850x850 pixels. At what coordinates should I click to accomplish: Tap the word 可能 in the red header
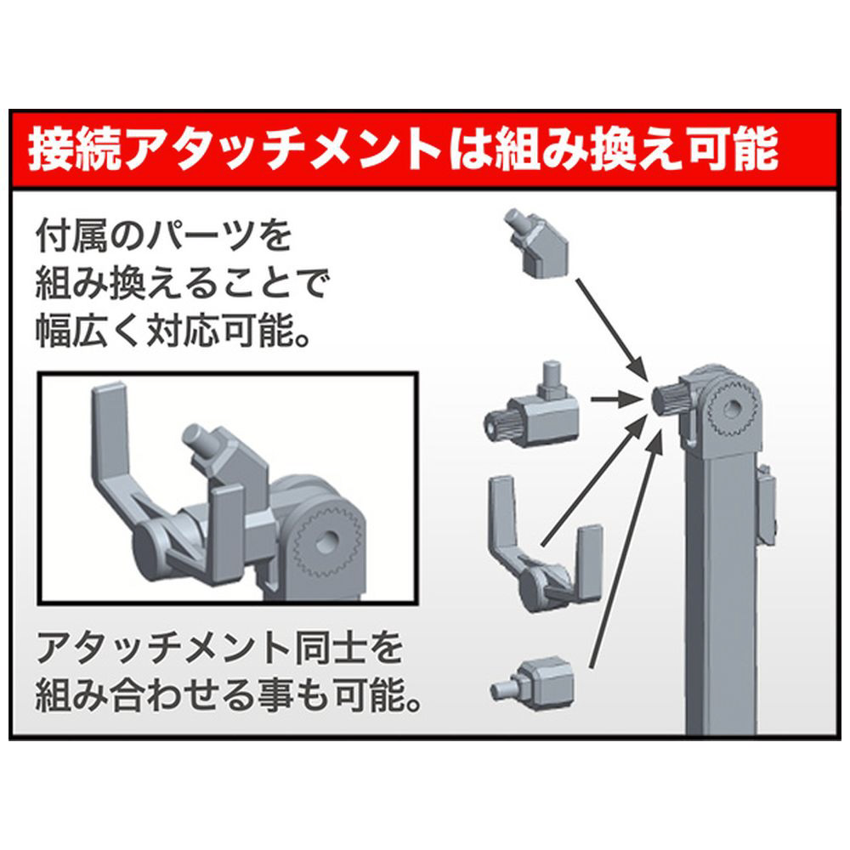734,149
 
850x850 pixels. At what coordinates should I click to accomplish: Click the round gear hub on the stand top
734,409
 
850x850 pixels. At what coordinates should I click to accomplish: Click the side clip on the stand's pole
767,504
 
